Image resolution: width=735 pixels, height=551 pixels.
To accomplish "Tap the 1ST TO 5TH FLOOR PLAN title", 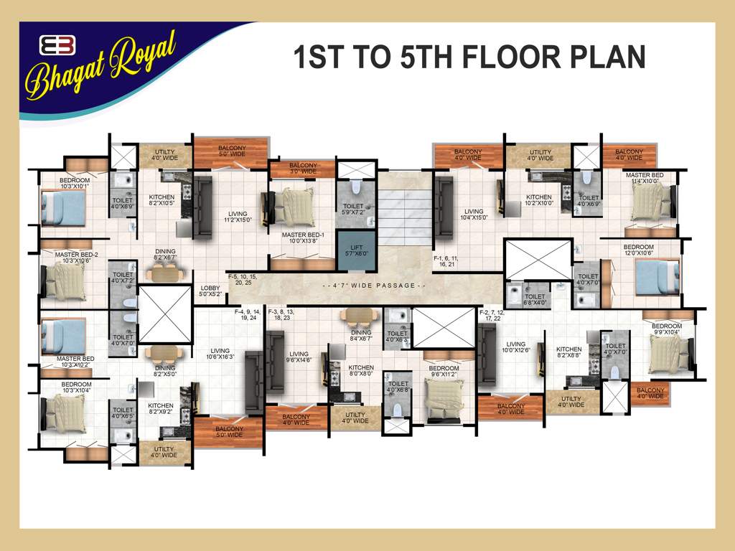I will [469, 57].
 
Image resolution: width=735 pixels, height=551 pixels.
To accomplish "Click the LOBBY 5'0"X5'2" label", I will [210, 291].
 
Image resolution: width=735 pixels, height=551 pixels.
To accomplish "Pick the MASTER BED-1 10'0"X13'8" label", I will [303, 238].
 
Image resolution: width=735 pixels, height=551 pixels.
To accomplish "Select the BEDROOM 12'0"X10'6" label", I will [638, 250].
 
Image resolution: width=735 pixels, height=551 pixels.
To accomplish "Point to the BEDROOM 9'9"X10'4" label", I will [667, 329].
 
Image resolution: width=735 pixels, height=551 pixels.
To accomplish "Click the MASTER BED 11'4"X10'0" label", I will [644, 179].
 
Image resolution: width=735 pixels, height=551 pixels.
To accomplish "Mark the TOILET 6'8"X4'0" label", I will [535, 299].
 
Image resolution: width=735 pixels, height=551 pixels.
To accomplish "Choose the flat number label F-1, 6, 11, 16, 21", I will [445, 260].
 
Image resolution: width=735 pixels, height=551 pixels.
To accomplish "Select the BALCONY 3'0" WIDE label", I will [303, 169].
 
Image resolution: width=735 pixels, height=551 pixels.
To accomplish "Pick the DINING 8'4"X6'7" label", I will [361, 336].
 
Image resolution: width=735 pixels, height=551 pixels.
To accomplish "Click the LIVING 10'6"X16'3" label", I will [221, 354].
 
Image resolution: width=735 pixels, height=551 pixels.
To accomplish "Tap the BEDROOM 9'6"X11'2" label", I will [444, 372].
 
